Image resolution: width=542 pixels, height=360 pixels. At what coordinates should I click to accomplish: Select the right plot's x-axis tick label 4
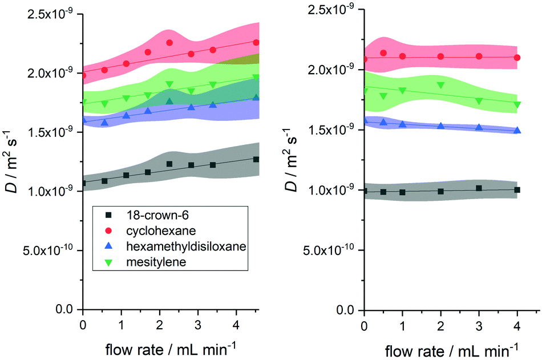point(517,323)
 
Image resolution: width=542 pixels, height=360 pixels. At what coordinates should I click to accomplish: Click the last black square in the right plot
point(517,189)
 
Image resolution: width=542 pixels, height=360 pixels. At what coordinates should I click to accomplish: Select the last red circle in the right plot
point(517,58)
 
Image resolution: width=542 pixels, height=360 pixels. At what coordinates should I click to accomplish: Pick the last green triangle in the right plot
point(517,104)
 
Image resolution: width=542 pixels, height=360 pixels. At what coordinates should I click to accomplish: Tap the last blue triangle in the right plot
point(517,130)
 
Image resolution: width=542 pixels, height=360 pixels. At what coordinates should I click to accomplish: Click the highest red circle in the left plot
point(169,43)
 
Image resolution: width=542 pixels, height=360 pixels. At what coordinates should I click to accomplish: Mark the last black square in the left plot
point(256,159)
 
